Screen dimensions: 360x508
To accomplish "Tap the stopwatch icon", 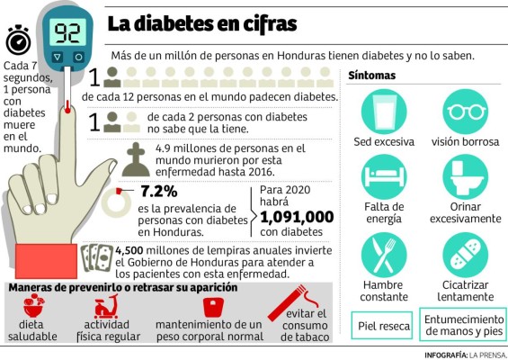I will click(17, 40).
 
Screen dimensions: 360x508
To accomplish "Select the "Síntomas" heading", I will click(371, 75).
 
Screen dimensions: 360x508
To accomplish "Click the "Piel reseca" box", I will click(384, 326).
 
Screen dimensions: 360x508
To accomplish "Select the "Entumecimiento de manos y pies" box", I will click(463, 326).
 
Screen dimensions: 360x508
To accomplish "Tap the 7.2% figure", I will click(159, 191).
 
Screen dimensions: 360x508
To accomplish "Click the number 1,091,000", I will click(297, 216).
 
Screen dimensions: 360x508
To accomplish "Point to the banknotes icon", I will click(97, 257).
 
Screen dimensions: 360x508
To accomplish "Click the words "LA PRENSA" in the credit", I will click(486, 354).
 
